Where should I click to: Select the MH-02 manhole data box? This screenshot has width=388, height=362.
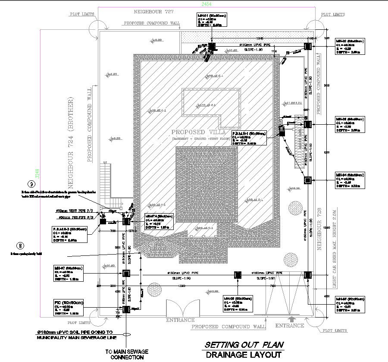tap(349, 47)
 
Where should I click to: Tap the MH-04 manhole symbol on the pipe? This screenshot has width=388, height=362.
tap(308, 180)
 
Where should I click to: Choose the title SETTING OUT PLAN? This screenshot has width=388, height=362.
tap(244, 345)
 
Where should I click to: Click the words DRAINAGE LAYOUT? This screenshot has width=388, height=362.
tap(244, 355)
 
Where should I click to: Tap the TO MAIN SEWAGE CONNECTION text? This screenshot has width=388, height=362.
tap(126, 355)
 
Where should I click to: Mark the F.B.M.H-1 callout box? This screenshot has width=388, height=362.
tap(249, 137)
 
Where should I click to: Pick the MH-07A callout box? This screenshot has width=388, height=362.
tap(158, 222)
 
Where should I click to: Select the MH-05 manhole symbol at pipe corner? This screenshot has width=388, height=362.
tap(307, 274)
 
